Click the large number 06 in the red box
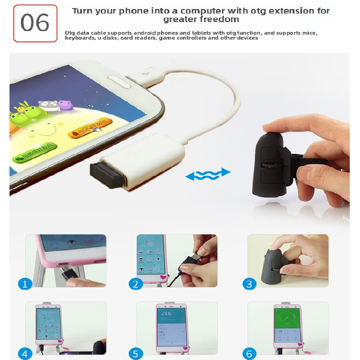pos(35,22)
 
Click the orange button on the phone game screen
pos(89,128)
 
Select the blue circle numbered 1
pos(25,283)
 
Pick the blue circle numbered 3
pos(249,283)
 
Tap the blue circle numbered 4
pos(25,354)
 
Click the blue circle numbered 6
pos(249,354)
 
